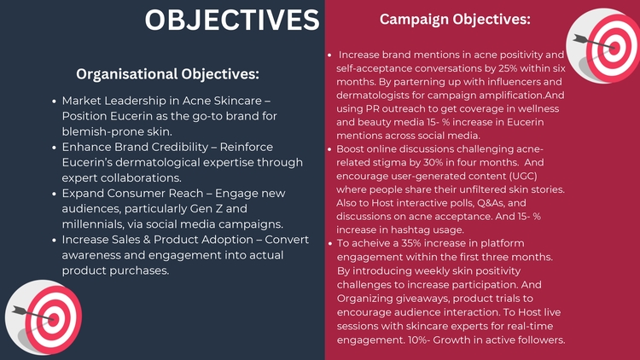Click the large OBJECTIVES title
232,20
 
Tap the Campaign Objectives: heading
455,19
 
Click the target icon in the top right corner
602,46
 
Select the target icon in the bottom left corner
44,316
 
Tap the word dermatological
158,162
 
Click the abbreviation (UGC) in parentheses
523,176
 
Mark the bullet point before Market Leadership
55,102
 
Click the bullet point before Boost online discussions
329,149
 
